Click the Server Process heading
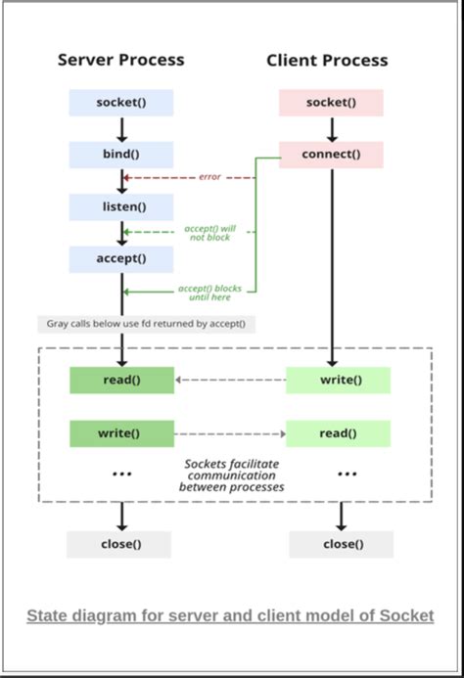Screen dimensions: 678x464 click(121, 61)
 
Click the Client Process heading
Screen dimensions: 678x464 click(327, 61)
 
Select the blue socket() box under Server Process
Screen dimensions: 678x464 click(121, 103)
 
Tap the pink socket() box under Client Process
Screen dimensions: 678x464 click(331, 103)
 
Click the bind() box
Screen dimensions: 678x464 click(121, 155)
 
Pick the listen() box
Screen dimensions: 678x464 click(121, 206)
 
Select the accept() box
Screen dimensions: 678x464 click(121, 259)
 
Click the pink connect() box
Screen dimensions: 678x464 click(331, 155)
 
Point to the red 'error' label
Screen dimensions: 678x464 click(209, 177)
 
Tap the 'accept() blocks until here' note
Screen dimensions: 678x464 click(210, 293)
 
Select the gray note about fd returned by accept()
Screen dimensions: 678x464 click(147, 324)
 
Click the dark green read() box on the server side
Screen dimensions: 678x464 click(121, 381)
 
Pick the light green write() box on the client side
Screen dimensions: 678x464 click(338, 381)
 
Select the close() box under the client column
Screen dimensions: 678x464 click(341, 545)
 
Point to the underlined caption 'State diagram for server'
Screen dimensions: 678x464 click(230, 615)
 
